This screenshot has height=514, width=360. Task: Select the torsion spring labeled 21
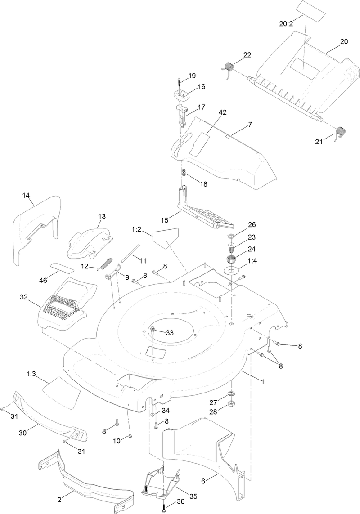341,132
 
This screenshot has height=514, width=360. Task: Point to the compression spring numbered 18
184,173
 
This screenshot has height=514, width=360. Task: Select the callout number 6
203,481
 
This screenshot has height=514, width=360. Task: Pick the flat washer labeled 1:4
230,271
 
